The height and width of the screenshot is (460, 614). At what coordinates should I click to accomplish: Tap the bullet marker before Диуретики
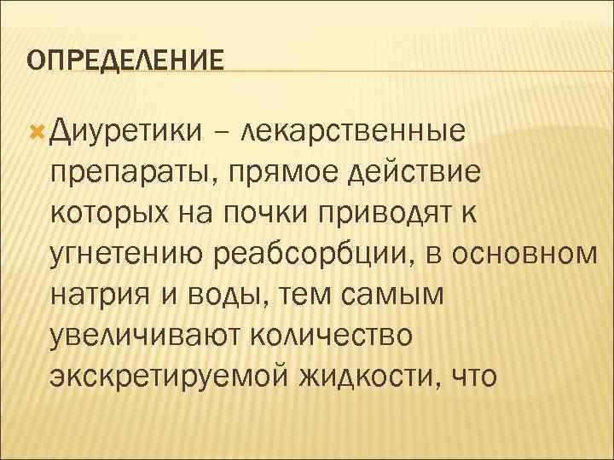[35, 130]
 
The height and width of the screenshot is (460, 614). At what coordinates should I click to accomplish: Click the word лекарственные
[353, 131]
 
